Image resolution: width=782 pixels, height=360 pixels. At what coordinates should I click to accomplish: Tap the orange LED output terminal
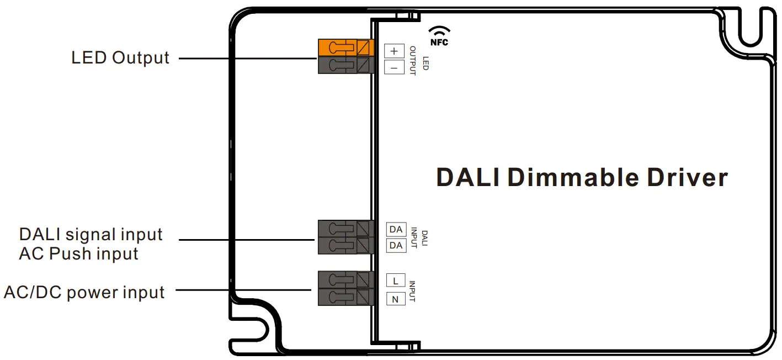point(345,48)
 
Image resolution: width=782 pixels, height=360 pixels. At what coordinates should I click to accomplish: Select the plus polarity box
point(394,51)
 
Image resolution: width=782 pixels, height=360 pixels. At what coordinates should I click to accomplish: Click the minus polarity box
point(394,67)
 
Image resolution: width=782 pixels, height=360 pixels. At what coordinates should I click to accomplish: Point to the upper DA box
point(396,229)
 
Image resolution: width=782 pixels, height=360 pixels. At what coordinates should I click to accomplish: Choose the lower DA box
point(396,245)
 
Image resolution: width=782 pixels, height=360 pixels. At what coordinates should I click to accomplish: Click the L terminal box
point(395,280)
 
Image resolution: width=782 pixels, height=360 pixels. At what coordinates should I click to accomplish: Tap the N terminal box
point(395,299)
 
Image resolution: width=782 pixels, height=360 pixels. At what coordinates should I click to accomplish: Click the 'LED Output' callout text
point(120,57)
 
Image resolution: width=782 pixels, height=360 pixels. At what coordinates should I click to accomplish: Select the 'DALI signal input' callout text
point(91,234)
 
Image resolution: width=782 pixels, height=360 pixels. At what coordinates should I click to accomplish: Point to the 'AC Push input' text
point(78,253)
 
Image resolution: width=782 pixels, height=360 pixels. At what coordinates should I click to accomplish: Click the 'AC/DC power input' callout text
point(84,292)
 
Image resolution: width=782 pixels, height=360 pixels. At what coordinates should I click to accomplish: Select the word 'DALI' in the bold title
point(468,178)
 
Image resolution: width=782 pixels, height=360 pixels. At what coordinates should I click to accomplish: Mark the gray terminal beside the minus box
point(345,66)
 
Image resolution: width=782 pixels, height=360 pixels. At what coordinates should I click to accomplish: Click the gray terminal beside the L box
point(345,279)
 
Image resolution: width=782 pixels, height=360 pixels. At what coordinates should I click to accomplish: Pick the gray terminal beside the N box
point(345,297)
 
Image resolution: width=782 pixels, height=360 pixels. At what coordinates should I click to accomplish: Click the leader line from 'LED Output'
point(248,57)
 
